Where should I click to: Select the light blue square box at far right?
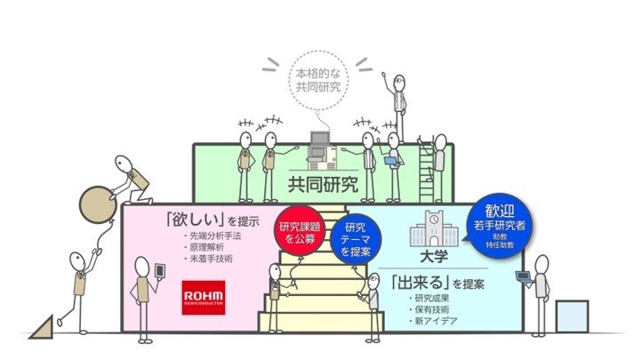click(572, 316)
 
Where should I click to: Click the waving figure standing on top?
click(396, 107)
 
